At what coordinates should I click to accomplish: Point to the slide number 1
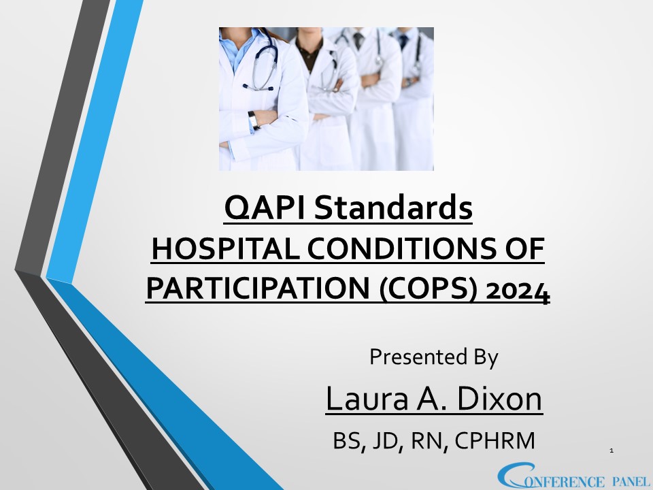612,451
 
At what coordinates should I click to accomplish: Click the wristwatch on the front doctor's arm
252,119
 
